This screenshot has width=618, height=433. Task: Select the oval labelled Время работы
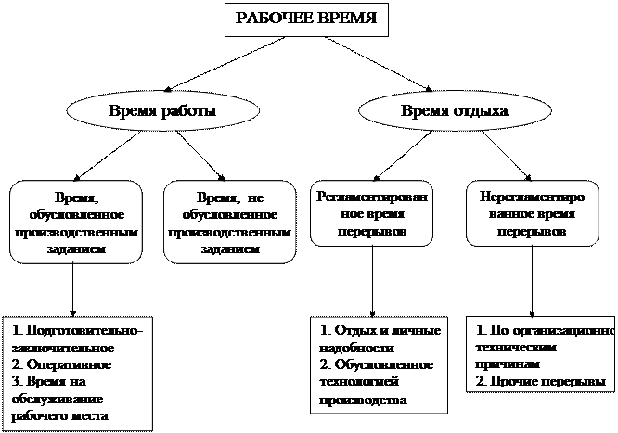(x=162, y=112)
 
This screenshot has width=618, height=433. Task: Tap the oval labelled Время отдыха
(x=441, y=112)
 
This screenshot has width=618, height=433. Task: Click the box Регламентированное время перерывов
(x=371, y=214)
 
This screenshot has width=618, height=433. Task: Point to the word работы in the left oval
(x=188, y=112)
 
